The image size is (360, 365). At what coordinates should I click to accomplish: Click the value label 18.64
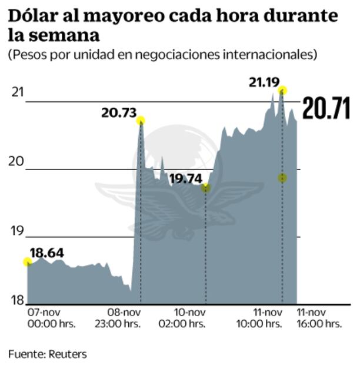tap(46, 254)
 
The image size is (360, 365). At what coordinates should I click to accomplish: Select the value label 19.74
tap(185, 178)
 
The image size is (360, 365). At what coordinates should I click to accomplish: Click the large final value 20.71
tap(326, 109)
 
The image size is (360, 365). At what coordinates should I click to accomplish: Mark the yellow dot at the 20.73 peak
tap(141, 121)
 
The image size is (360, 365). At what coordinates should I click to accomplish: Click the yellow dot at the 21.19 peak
tap(283, 90)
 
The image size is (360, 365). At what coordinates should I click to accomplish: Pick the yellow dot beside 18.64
tap(27, 261)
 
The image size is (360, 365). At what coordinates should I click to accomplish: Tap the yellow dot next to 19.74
tap(205, 188)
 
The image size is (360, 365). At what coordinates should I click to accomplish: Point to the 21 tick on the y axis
tap(18, 92)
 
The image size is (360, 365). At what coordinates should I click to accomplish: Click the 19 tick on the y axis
tap(18, 232)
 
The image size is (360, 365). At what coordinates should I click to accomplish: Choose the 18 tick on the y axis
tap(18, 300)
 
